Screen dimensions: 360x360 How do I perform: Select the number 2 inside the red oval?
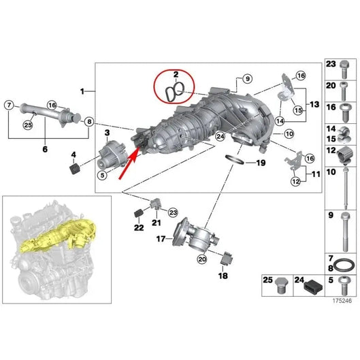pyautogui.click(x=175, y=73)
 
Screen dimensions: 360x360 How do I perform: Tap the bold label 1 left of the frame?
pyautogui.click(x=82, y=91)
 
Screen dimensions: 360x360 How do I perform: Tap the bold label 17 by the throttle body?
pyautogui.click(x=161, y=239)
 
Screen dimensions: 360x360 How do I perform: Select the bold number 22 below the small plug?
pyautogui.click(x=140, y=227)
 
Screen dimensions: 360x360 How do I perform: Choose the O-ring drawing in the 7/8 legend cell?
pyautogui.click(x=344, y=263)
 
